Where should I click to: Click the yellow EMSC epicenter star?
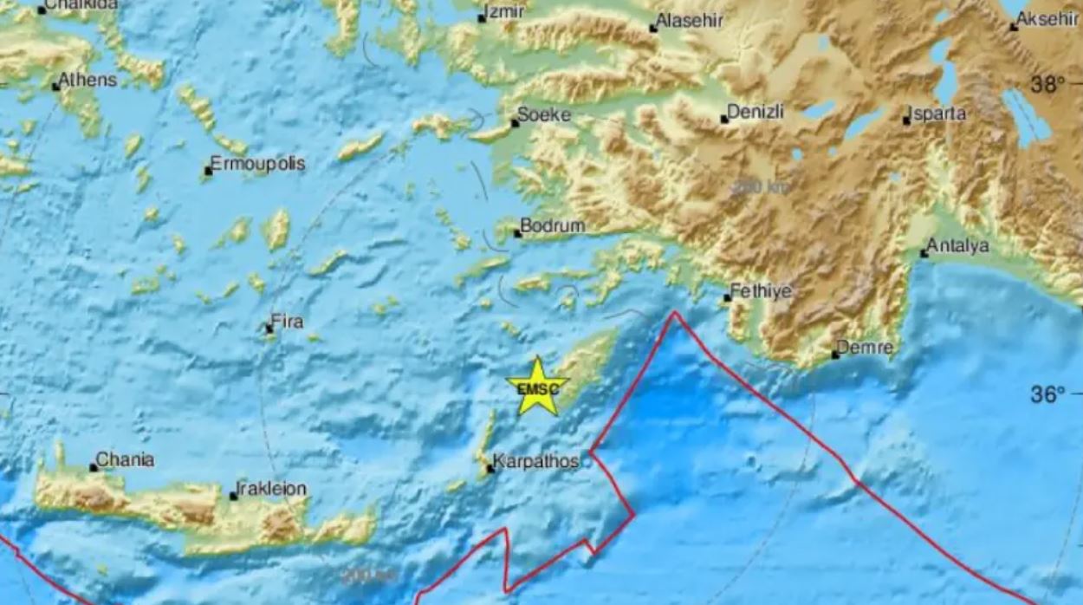point(538,387)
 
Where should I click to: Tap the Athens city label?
point(88,80)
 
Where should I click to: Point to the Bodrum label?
point(553,226)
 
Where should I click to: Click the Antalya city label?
point(957,247)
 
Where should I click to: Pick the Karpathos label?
point(535,462)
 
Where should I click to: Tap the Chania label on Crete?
point(126,460)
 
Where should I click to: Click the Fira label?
point(287,322)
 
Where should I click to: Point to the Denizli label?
point(756,112)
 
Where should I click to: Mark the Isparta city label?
point(938,114)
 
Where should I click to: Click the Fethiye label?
point(761,292)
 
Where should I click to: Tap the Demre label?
point(866,348)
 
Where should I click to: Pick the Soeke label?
point(545,115)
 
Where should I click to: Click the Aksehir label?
point(1048,20)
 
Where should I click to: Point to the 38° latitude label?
point(1047,85)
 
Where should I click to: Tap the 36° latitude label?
point(1047,395)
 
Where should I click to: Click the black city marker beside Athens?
point(55,87)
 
